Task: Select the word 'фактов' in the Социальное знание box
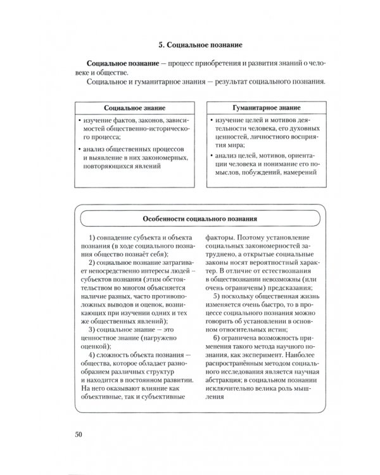click(x=132, y=120)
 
